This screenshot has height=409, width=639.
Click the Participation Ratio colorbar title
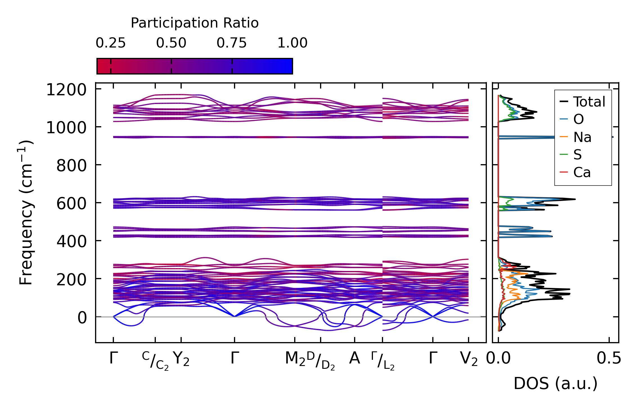195,23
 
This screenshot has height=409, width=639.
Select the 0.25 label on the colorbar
111,43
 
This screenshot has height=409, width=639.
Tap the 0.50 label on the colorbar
171,43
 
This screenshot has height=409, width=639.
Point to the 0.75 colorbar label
231,43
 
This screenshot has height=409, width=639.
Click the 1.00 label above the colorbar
292,43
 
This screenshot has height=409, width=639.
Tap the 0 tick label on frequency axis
82,318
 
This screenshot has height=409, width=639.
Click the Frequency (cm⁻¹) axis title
26,213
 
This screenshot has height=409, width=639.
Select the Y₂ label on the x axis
181,359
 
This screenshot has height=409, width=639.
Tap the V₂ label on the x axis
469,359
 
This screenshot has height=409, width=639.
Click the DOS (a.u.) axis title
555,384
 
